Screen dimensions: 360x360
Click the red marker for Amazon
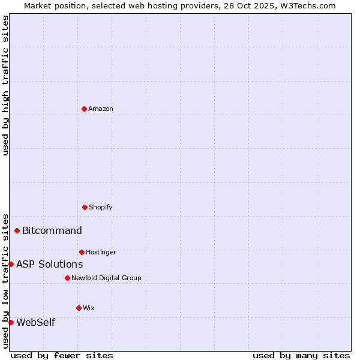click(85, 109)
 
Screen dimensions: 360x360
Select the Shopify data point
click(85, 207)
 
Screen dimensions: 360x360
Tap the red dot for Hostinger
click(82, 252)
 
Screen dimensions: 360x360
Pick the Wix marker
click(79, 308)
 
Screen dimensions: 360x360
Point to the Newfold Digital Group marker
click(67, 278)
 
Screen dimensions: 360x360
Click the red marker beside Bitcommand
click(17, 230)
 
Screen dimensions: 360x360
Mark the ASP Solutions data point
click(11, 264)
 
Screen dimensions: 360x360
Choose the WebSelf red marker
click(11, 322)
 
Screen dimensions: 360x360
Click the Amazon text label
click(101, 109)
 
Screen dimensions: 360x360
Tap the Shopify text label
click(101, 207)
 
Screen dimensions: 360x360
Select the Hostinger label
click(101, 252)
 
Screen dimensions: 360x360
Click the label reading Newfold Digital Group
click(106, 278)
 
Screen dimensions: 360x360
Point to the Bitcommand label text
click(52, 230)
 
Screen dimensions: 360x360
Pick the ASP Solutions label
click(50, 264)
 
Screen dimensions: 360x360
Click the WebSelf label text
click(36, 322)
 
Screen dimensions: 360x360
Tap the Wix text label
click(89, 308)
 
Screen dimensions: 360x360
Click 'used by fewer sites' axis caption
click(62, 355)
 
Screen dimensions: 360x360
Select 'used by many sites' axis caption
click(301, 355)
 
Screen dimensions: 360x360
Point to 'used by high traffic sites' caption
click(5, 85)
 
